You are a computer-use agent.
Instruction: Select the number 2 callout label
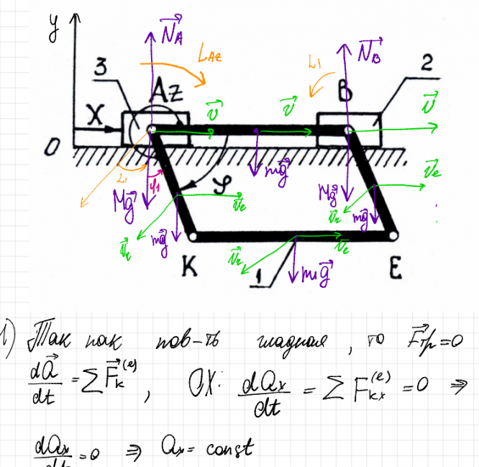point(428,64)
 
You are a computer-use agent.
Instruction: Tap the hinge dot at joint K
point(192,235)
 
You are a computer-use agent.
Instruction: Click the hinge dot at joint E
point(393,235)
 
